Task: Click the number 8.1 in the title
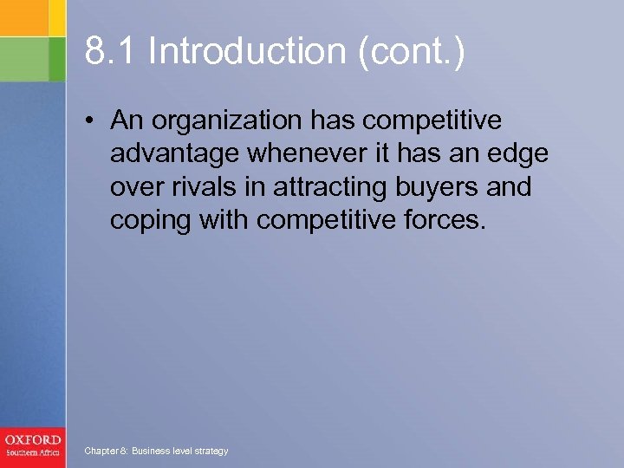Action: (110, 51)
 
